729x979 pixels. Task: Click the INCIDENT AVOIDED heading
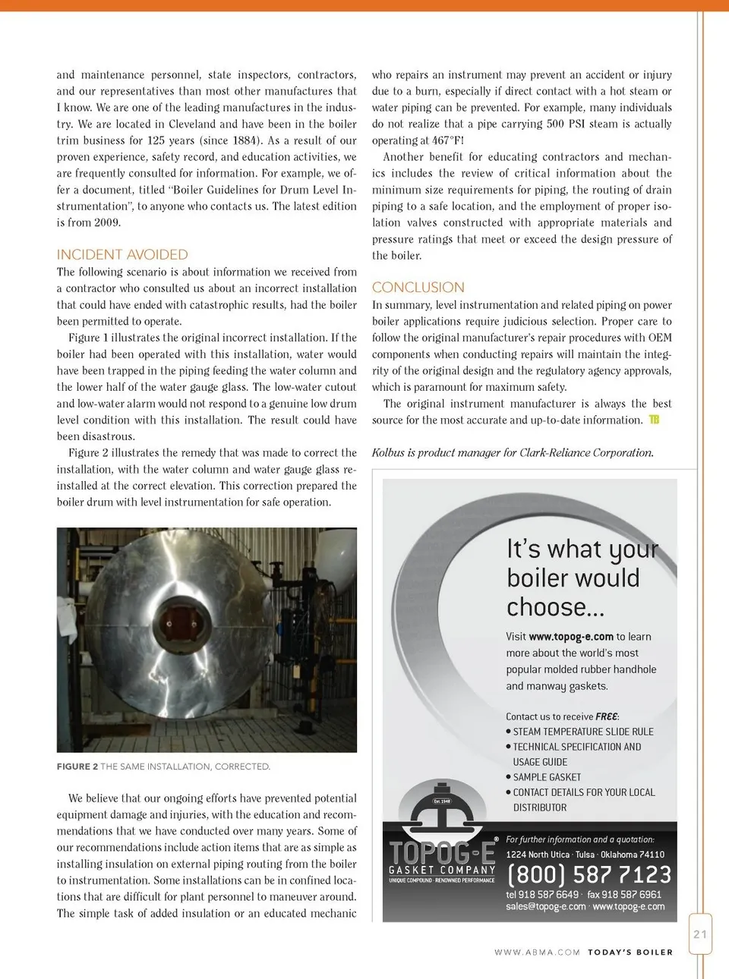[122, 255]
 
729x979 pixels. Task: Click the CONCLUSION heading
[418, 288]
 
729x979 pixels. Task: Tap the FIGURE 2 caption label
[77, 767]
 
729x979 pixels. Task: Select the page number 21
[699, 934]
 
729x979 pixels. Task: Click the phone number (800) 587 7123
[589, 875]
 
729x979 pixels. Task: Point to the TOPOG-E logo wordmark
[442, 852]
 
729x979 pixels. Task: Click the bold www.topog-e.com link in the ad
[571, 637]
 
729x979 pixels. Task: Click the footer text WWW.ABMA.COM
[537, 952]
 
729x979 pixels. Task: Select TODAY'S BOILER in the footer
[630, 952]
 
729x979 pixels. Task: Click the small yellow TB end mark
[654, 420]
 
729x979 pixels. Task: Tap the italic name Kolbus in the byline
[388, 453]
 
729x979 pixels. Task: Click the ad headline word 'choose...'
[555, 607]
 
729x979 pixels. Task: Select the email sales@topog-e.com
[546, 906]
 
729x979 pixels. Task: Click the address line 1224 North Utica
[538, 855]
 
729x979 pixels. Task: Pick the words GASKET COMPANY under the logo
[442, 870]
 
